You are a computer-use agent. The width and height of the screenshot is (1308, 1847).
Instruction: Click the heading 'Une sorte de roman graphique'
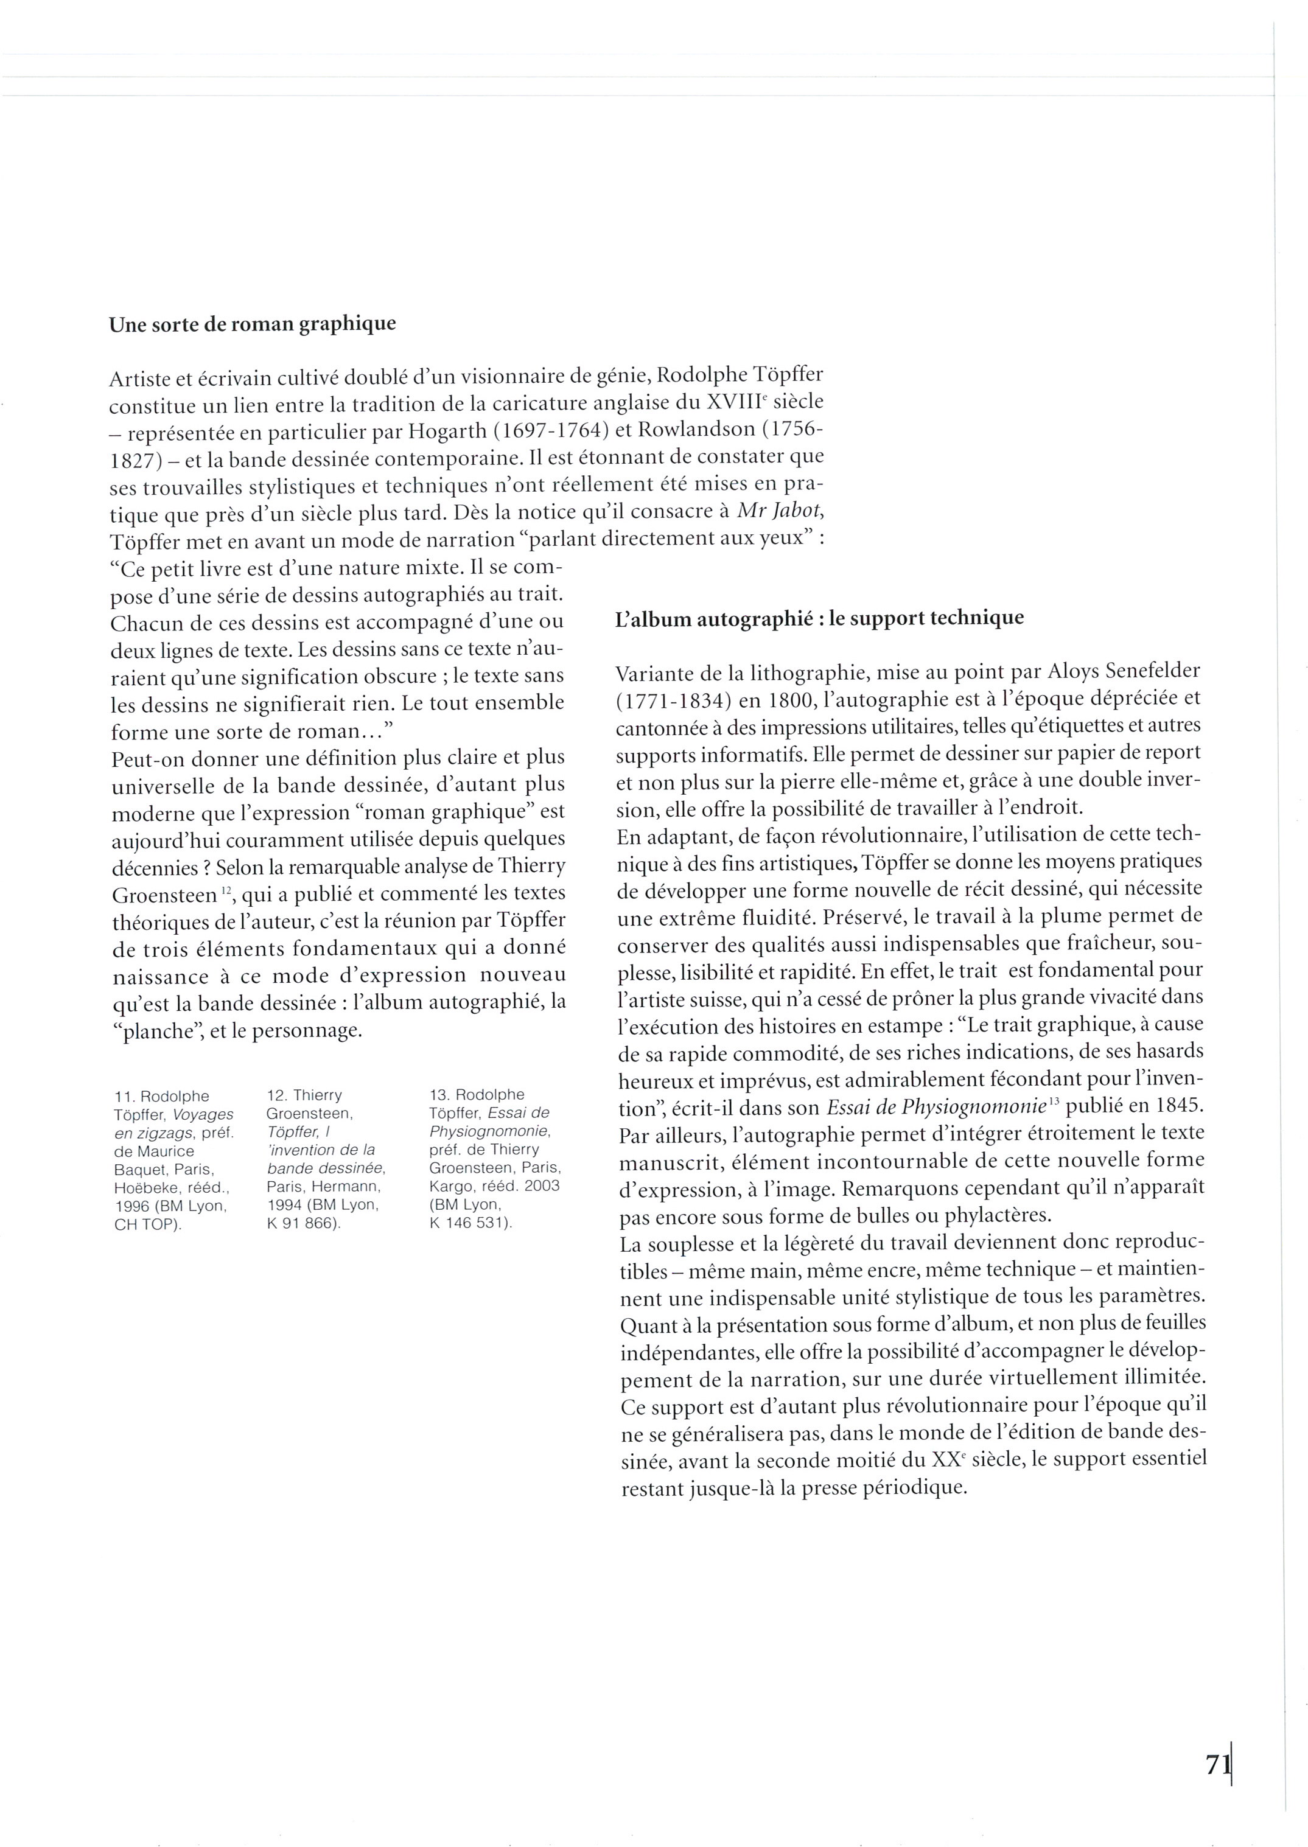click(252, 324)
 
